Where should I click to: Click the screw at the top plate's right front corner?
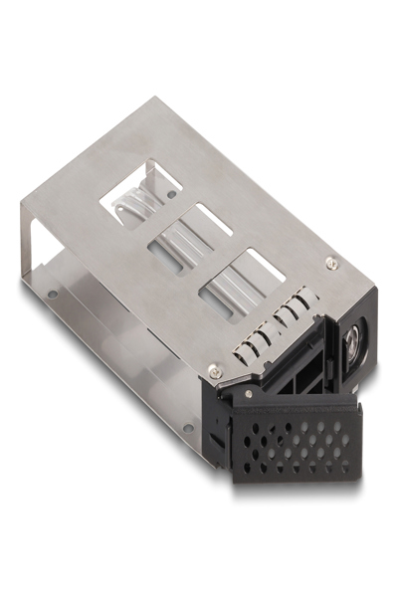[x=331, y=263]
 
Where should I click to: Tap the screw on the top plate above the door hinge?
[x=213, y=369]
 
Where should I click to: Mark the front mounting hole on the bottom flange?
[x=186, y=429]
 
